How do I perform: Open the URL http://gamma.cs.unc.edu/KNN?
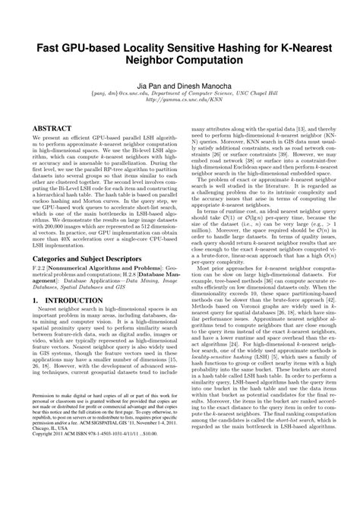(180, 109)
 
